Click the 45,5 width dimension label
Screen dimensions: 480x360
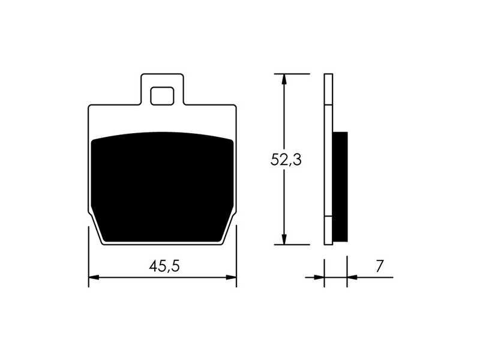tap(164, 266)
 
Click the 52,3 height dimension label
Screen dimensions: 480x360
tap(286, 160)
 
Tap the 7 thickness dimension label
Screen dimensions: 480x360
tap(379, 266)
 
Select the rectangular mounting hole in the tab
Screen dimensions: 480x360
tap(162, 96)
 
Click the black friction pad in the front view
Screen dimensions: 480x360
tap(163, 187)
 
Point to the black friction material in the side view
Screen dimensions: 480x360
tap(340, 187)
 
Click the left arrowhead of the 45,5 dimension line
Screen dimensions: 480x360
tap(94, 277)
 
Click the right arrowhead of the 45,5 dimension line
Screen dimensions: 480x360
tap(231, 277)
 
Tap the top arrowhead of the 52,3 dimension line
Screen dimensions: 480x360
tap(284, 79)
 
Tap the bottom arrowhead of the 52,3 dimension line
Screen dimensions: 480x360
tap(284, 239)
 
